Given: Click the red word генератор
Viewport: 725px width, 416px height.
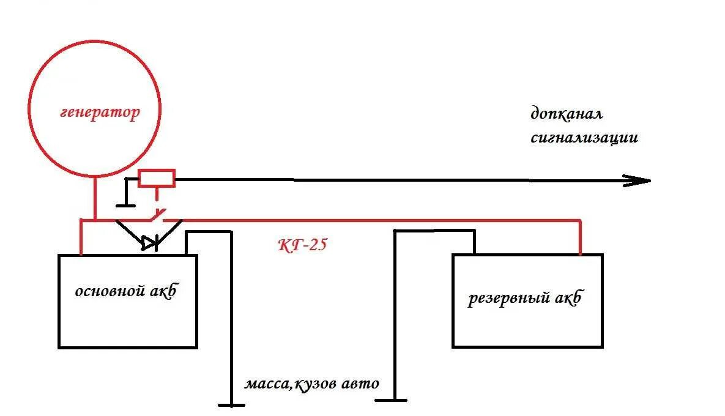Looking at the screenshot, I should click(x=100, y=113).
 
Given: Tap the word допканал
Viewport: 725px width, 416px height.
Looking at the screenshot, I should click(x=567, y=114).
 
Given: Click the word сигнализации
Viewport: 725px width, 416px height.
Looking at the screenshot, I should click(x=584, y=138).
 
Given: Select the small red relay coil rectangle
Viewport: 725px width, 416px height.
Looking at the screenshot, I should click(x=157, y=178).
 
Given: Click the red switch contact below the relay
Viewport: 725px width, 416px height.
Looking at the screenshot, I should click(x=157, y=215).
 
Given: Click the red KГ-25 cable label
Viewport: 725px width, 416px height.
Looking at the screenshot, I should click(x=302, y=245).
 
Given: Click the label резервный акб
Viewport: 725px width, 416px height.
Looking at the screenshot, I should click(x=524, y=300).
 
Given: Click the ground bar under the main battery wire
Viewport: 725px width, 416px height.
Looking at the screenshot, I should click(x=231, y=404).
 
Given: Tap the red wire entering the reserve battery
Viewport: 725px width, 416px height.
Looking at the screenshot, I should click(x=581, y=239).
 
